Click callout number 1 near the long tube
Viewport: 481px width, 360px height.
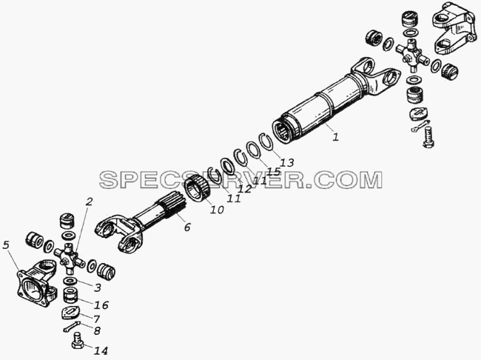point(336,136)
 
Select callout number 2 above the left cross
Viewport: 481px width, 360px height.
point(89,201)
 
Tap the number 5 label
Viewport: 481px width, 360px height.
point(6,244)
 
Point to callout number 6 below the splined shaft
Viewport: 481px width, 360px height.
point(187,227)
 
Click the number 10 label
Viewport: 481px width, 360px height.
point(217,210)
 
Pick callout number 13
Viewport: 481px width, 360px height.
point(287,162)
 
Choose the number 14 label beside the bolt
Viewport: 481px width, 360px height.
point(101,350)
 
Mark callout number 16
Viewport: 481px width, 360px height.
point(101,305)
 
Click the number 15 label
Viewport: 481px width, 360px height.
point(274,171)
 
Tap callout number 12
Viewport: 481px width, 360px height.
point(245,189)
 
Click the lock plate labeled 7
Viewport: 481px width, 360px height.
point(70,313)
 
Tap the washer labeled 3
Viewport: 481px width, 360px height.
point(70,281)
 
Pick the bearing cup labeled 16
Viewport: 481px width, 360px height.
point(70,296)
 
